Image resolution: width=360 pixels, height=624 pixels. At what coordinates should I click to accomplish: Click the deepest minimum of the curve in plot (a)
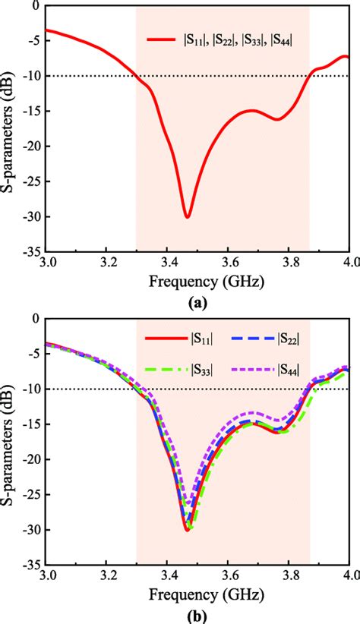pyautogui.click(x=187, y=217)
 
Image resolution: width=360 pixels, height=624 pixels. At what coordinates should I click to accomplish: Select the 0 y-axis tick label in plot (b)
pyautogui.click(x=36, y=319)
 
